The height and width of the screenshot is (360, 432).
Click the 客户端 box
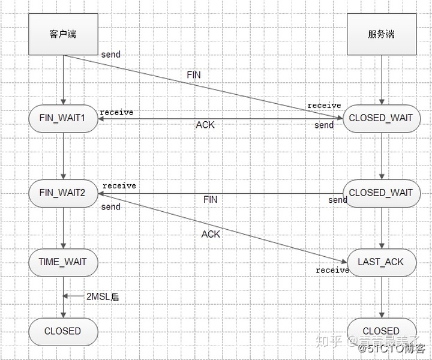point(63,34)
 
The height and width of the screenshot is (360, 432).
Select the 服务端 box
point(381,34)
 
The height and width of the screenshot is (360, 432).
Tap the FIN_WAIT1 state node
point(63,118)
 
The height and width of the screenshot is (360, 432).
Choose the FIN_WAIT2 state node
point(63,193)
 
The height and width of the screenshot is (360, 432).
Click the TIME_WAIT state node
point(63,262)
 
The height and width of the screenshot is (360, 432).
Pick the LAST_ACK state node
point(381,262)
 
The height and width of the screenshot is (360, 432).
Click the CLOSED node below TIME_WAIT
point(63,331)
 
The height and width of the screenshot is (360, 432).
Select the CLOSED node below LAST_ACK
point(381,331)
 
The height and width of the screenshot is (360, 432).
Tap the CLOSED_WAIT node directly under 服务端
point(381,118)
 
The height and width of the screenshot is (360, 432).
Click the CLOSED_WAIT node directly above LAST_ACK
point(381,193)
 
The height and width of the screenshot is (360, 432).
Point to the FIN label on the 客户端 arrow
point(194,75)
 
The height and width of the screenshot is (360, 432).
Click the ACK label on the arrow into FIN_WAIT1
point(205,125)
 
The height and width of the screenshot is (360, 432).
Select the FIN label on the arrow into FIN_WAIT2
point(210,199)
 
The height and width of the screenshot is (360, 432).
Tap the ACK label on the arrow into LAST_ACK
point(211,234)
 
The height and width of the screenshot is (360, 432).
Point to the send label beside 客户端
point(110,55)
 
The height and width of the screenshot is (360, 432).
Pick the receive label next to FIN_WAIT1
point(116,112)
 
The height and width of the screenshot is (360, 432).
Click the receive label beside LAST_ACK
point(332,271)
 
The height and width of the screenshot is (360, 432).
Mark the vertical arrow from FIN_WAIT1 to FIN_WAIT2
point(63,155)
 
